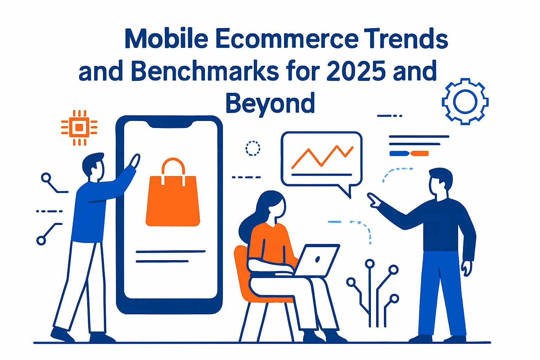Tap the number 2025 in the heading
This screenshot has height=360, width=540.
(356, 71)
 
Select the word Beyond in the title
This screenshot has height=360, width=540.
(270, 103)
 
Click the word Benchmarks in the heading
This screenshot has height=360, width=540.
(205, 71)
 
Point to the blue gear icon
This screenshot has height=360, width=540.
(465, 101)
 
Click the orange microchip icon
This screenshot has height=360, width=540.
(79, 127)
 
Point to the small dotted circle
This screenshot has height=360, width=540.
(252, 148)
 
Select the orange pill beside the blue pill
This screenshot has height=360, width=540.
(419, 153)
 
